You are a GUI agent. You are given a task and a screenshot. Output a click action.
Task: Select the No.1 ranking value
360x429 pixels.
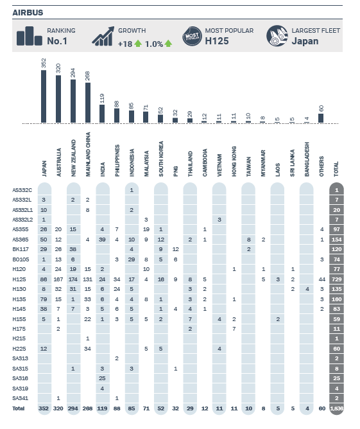[58, 41]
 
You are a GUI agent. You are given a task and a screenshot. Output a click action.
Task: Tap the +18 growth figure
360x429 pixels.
[124, 44]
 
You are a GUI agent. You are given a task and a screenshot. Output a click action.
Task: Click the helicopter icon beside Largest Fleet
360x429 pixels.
[277, 36]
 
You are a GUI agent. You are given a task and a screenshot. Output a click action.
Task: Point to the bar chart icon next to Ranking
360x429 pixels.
[29, 37]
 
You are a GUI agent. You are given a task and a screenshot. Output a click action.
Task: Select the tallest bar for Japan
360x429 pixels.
[44, 96]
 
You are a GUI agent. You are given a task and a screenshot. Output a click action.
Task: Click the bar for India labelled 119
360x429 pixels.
[102, 113]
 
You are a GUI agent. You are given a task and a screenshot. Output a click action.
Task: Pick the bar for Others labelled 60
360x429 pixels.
[321, 118]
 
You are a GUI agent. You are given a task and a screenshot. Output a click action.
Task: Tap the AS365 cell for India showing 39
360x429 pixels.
[102, 239]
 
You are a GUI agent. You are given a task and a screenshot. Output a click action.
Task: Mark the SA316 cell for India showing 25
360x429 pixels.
[102, 378]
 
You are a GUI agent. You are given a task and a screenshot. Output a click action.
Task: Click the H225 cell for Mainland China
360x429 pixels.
[88, 349]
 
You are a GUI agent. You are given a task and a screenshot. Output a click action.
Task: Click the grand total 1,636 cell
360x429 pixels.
[336, 408]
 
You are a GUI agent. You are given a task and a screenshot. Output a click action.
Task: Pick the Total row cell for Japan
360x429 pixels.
[44, 408]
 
